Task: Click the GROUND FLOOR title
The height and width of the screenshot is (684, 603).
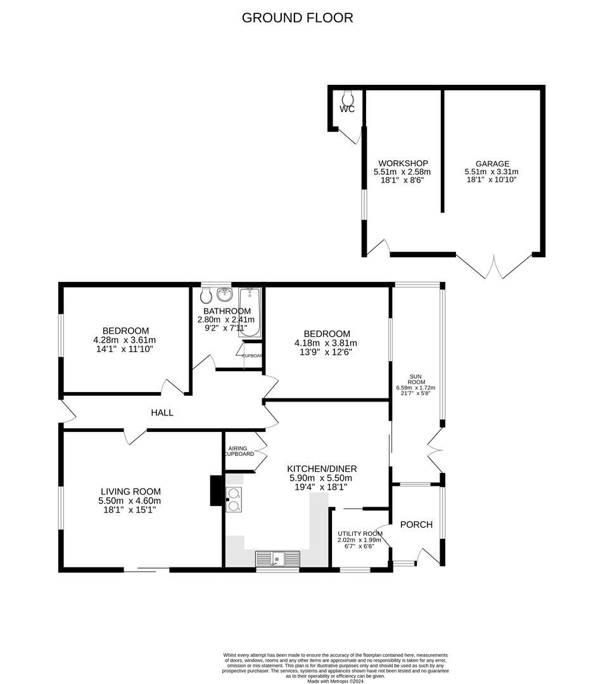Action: coord(298,18)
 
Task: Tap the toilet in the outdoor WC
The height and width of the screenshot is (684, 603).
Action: coord(347,98)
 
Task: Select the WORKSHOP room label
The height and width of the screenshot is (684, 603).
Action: coord(403,163)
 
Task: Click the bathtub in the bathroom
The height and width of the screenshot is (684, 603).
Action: coord(250,310)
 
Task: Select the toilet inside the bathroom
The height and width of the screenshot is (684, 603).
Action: coord(206,295)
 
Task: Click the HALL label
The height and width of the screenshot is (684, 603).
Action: coord(162,413)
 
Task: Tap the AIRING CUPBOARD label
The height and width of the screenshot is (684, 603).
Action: coord(240,452)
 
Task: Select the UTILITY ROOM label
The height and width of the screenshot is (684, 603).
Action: coord(360,534)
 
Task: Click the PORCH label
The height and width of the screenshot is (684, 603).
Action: coord(417,524)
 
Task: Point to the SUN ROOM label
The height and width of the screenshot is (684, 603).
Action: coord(416,379)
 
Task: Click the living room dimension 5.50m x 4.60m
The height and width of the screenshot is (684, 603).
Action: coord(130,500)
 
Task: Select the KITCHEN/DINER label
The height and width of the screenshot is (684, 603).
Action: coord(320,469)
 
